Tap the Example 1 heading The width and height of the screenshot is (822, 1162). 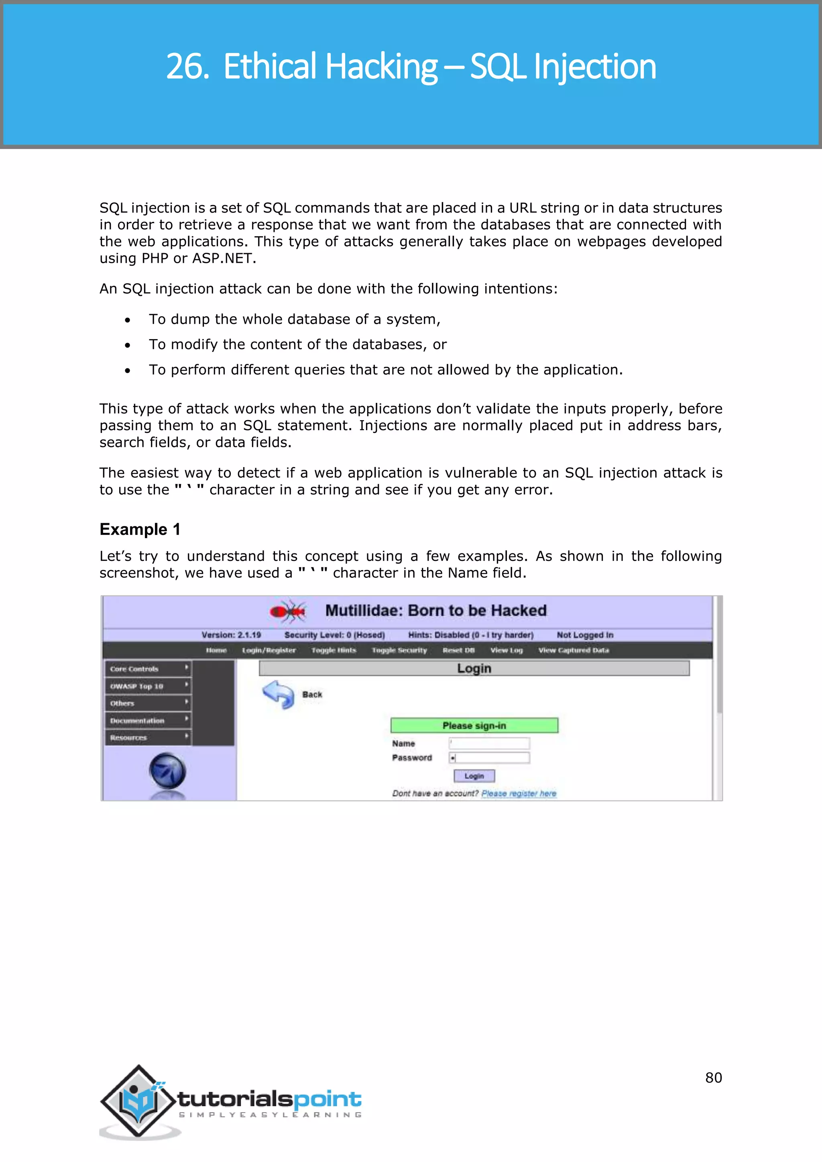tap(140, 529)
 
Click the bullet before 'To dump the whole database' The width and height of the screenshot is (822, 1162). tap(128, 320)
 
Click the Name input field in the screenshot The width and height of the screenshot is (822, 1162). tap(489, 743)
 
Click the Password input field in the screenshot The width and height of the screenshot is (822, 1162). tap(489, 758)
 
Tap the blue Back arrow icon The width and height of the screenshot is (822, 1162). tap(279, 695)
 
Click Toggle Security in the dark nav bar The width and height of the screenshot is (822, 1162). tap(399, 650)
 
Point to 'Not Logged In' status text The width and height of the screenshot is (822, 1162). tap(585, 635)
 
